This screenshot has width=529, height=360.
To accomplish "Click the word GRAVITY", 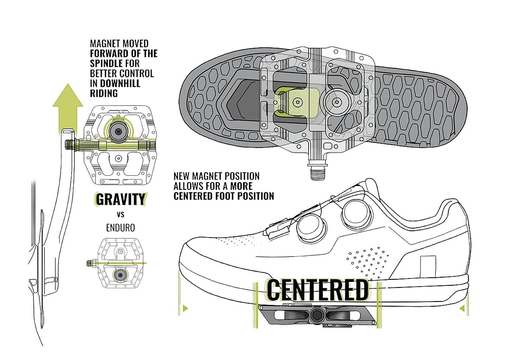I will [120, 199].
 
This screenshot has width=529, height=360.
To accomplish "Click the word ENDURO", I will [121, 228].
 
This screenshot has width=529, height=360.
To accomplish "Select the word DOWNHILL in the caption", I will [120, 83].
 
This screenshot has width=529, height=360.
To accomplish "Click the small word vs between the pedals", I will [120, 214].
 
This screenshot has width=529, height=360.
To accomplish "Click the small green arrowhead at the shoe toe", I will [184, 309].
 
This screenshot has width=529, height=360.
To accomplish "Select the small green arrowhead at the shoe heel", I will [462, 309].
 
